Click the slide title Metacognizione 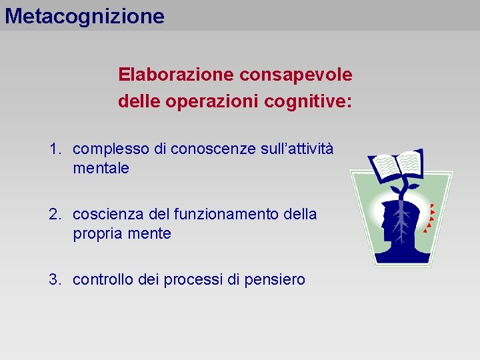(85, 15)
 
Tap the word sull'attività (293, 149)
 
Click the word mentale (101, 169)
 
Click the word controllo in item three (103, 280)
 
